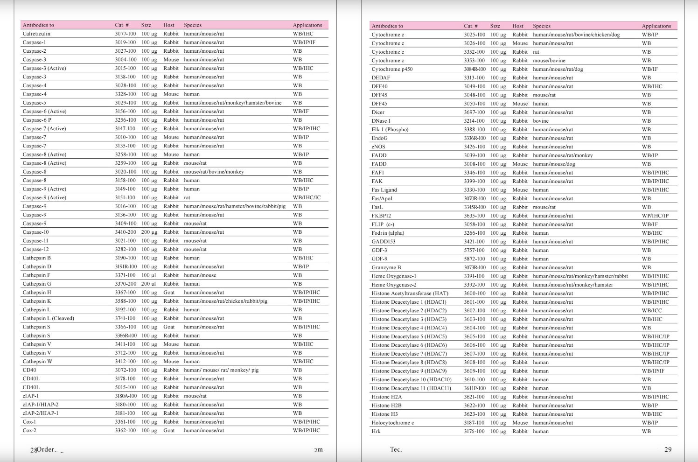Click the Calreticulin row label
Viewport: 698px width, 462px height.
click(x=36, y=34)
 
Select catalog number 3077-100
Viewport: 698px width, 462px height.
click(x=126, y=34)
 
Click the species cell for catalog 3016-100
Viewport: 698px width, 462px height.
click(x=235, y=206)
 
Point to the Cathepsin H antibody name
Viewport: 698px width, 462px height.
click(x=37, y=293)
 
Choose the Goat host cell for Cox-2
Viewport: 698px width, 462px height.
click(x=169, y=430)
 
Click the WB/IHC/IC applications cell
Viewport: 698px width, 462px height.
click(x=307, y=197)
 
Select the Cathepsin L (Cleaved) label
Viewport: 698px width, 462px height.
click(x=49, y=318)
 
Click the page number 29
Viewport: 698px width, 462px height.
click(x=668, y=449)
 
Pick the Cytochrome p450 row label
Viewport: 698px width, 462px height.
click(x=392, y=69)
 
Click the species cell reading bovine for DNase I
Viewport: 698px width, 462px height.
click(x=541, y=121)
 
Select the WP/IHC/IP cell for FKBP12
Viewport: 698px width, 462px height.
click(x=655, y=216)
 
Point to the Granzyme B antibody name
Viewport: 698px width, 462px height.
click(x=386, y=267)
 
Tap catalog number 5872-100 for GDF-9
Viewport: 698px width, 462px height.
click(x=475, y=259)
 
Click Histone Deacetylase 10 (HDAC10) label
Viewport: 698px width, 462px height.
click(x=412, y=379)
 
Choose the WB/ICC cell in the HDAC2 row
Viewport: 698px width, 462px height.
click(x=652, y=310)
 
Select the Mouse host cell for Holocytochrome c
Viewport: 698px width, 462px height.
click(x=520, y=423)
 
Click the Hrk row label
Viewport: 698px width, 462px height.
click(x=376, y=431)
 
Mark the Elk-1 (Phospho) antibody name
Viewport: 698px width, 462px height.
click(x=390, y=129)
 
